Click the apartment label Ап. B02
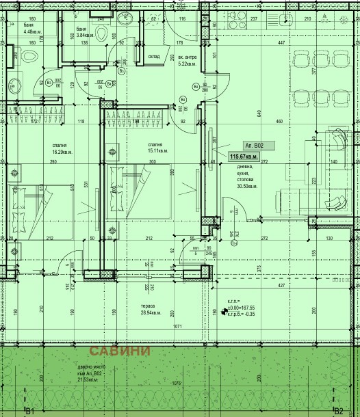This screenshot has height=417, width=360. (259, 146)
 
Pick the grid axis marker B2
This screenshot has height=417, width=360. (338, 411)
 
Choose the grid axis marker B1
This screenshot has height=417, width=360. (29, 411)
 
